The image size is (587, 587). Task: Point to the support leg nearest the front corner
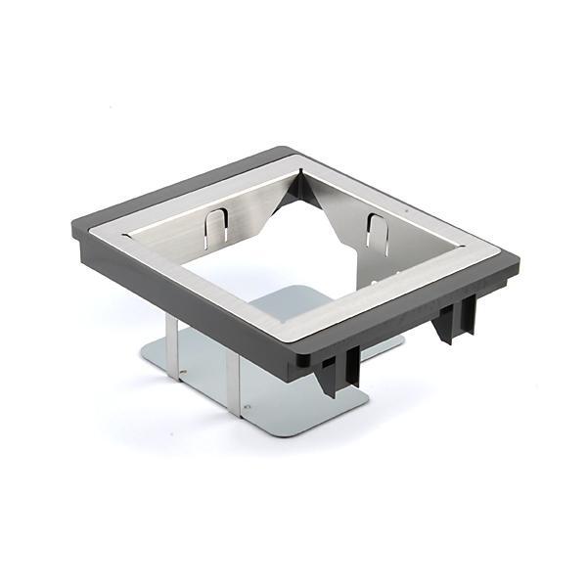(x=234, y=382)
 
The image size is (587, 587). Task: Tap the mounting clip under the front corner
(x=338, y=370)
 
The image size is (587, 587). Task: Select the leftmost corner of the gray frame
(x=75, y=235)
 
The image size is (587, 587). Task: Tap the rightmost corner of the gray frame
(x=519, y=262)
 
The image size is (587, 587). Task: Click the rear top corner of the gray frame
(x=292, y=149)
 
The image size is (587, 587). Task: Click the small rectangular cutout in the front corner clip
(x=328, y=366)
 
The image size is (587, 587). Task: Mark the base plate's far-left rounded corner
(x=144, y=357)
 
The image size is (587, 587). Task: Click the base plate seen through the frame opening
(x=284, y=303)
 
